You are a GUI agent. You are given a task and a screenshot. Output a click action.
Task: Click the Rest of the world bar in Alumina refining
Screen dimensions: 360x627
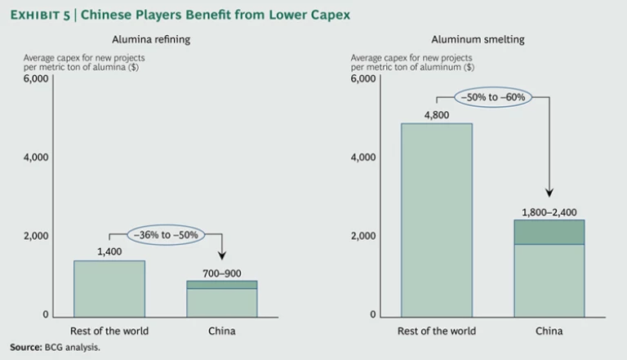pos(109,287)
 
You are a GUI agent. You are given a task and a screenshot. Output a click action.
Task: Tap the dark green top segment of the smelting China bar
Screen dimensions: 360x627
pos(549,232)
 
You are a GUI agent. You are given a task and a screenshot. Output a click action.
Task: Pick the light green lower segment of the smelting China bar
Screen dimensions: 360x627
pos(549,279)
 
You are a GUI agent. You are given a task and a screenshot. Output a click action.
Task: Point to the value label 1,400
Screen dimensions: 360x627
pos(109,251)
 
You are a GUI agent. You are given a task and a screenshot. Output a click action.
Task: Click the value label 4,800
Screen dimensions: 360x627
pos(437,114)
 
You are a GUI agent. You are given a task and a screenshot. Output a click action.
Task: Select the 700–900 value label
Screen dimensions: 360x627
pos(222,272)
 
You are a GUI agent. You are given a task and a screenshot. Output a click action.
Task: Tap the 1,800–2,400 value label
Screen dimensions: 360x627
pos(549,212)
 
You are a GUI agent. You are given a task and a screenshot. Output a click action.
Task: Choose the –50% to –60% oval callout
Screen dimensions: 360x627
pos(493,96)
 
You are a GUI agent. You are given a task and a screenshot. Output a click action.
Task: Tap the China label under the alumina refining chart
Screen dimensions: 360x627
pos(221,331)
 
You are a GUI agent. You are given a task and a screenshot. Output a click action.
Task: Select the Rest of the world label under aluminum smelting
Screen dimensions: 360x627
pos(437,331)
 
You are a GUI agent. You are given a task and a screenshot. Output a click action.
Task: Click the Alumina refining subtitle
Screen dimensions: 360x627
pos(145,38)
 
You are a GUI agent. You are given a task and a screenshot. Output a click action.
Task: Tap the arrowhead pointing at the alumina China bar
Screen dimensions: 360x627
pos(222,255)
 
